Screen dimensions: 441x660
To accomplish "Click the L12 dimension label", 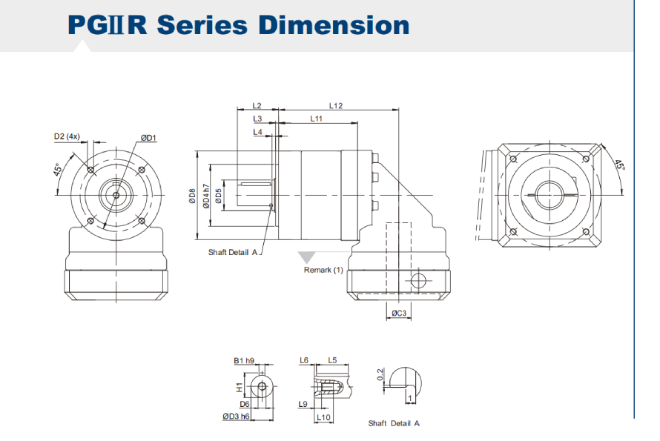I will [336, 106].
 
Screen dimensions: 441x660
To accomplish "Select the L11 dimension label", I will [316, 119].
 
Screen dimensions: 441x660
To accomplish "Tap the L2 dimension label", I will [257, 106].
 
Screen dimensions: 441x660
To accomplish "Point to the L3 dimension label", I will [257, 119].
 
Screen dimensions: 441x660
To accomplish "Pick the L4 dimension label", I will [257, 132].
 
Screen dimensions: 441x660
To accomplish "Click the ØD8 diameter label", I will [192, 196].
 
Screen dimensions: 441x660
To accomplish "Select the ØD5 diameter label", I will [219, 196].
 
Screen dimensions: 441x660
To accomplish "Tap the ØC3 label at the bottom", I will [399, 314].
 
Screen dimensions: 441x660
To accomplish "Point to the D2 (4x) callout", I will [67, 136].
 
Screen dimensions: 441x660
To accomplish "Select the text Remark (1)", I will [323, 270].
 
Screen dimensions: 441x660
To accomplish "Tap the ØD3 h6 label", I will [237, 417].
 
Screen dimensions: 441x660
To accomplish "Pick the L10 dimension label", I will [323, 417].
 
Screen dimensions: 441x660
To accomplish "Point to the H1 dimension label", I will [239, 387].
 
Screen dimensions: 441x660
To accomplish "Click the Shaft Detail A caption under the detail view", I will [394, 423].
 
